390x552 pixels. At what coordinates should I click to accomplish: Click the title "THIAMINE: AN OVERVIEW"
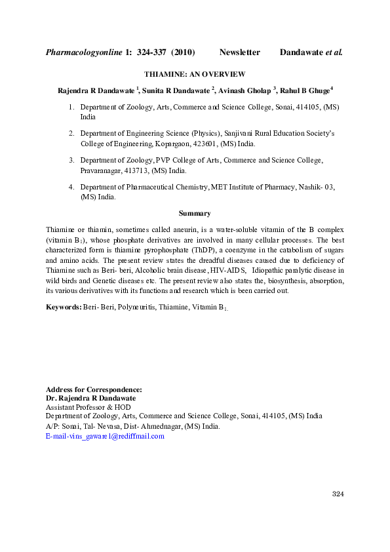[x=195, y=75]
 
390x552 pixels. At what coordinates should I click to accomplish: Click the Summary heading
[x=195, y=213]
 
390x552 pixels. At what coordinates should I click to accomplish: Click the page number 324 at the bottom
[x=337, y=494]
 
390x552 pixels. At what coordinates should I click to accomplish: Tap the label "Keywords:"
[x=64, y=307]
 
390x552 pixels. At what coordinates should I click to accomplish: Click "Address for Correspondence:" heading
[x=94, y=390]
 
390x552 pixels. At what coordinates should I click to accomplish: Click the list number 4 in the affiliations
[x=71, y=187]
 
